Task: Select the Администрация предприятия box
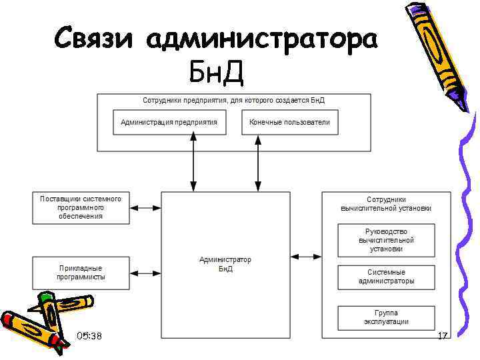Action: pos(169,123)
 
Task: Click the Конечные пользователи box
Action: pos(289,123)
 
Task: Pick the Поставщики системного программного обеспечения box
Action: pos(81,207)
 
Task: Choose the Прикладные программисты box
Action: pos(81,273)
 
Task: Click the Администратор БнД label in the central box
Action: pos(225,264)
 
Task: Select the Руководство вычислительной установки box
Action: pos(386,240)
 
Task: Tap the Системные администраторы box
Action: pos(386,277)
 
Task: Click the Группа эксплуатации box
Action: pos(386,317)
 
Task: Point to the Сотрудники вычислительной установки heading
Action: pos(386,203)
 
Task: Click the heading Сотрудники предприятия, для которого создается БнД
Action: pos(233,100)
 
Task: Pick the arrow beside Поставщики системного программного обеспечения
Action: pos(145,208)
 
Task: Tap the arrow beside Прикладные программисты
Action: pos(145,273)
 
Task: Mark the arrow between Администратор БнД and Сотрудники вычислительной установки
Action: pos(306,256)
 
